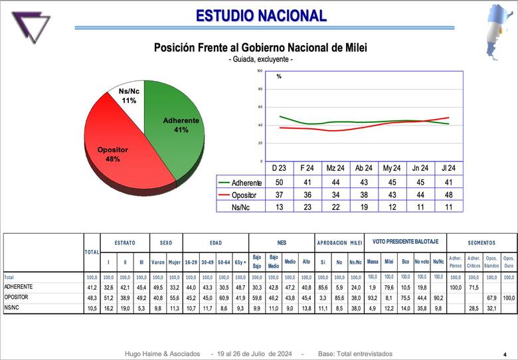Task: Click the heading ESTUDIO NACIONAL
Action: pyautogui.click(x=261, y=15)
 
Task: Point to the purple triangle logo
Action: pyautogui.click(x=31, y=27)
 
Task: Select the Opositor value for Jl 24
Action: pyautogui.click(x=449, y=195)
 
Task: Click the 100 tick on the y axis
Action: pyautogui.click(x=260, y=70)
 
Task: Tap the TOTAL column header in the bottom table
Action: pyautogui.click(x=92, y=252)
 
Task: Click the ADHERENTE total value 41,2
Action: pyautogui.click(x=92, y=287)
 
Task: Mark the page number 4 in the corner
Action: pyautogui.click(x=504, y=355)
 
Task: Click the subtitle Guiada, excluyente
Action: pyautogui.click(x=260, y=60)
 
